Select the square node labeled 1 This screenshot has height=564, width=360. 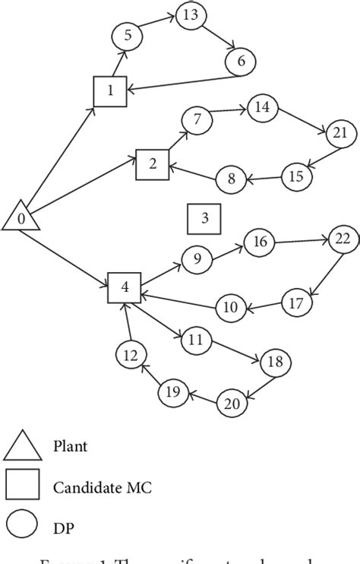[109, 91]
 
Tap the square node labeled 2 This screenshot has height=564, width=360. [152, 163]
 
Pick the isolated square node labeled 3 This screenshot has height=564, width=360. [204, 219]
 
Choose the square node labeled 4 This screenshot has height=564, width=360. [124, 287]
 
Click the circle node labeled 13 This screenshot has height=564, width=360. [191, 15]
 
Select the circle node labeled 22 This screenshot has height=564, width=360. [343, 239]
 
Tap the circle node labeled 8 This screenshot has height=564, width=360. [231, 179]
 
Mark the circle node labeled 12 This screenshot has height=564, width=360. [131, 354]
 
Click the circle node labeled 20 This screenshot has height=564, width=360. [232, 404]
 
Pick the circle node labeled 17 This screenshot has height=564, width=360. [296, 303]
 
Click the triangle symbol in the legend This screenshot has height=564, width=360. [23, 446]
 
